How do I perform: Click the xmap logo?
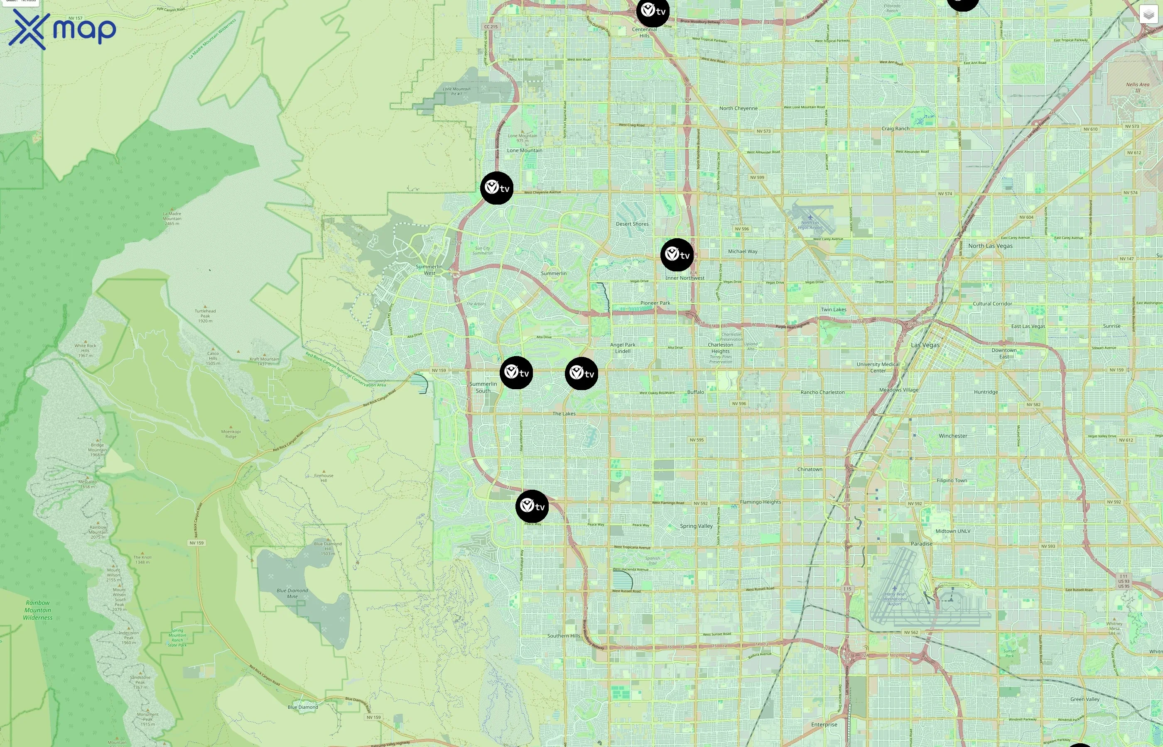coord(62,29)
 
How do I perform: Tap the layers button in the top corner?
coord(1148,15)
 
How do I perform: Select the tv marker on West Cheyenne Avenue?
coord(496,188)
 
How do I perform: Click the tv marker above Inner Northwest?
coord(677,255)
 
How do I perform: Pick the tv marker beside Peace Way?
coord(532,506)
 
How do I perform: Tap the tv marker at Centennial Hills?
coord(653,11)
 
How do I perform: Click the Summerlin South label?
coord(483,387)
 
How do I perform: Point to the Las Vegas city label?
coord(925,345)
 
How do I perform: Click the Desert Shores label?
coord(632,224)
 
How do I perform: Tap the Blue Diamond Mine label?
coord(292,593)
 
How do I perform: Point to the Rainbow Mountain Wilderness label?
coord(38,610)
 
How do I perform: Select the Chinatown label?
coord(810,469)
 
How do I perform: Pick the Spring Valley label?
coord(696,526)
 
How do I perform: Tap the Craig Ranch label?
coord(896,129)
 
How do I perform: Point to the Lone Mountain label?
coord(525,150)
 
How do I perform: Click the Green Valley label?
coord(1085,699)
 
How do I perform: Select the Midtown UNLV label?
coord(953,531)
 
